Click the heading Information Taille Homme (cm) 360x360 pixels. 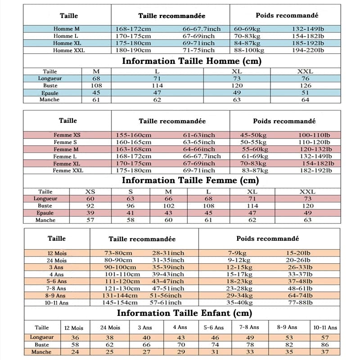pos(191,61)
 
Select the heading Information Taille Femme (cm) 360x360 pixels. pos(190,180)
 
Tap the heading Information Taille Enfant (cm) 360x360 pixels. pos(184,313)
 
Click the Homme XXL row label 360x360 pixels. pos(69,50)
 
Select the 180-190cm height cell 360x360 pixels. pos(134,50)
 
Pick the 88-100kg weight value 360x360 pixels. pos(249,50)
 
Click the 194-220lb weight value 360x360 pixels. pos(308,50)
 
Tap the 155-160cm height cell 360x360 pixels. pos(134,135)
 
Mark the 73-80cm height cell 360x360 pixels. pos(118,253)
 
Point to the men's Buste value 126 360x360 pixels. pos(306,85)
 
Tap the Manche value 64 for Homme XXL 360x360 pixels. pos(306,100)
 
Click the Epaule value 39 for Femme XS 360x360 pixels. pos(90,213)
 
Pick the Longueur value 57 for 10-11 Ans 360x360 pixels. pos(325,337)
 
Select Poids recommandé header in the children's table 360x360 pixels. pos(268,238)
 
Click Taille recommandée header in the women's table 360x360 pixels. pos(172,121)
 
